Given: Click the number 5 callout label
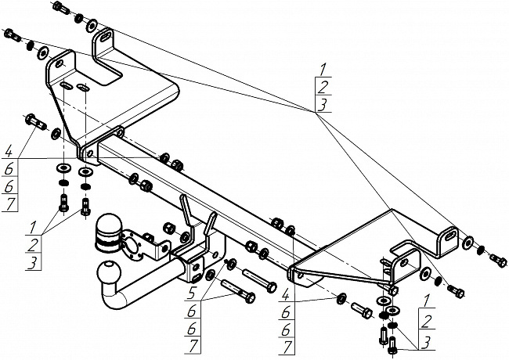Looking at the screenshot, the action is (192, 294).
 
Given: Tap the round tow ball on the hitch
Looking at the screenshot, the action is (109, 272).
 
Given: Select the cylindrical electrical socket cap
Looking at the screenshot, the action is (109, 232).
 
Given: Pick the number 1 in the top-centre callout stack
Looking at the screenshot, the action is (323, 70).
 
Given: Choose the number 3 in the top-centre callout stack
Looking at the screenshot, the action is (323, 104).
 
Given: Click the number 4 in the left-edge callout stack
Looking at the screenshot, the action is (9, 152).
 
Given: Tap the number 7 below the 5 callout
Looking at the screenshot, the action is (193, 346).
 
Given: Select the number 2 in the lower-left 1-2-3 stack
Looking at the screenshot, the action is (33, 245).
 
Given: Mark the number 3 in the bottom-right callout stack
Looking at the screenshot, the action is (427, 343).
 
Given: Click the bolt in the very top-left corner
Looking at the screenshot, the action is (61, 7).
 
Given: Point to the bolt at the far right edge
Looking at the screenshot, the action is (498, 259).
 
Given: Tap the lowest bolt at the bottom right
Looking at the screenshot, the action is (393, 346).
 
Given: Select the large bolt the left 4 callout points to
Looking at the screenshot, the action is (35, 121).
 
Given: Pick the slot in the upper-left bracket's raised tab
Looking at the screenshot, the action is (105, 36).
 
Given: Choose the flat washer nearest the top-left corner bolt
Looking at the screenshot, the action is (92, 25).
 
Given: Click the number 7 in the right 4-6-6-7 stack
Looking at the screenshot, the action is (287, 347).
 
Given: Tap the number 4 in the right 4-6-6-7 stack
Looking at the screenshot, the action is (286, 296).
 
